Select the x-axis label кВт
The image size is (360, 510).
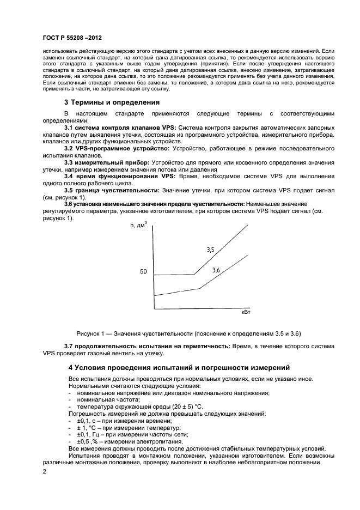(x=246, y=313)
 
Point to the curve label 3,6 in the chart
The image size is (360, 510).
(x=216, y=270)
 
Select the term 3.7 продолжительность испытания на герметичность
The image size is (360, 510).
(x=148, y=346)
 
